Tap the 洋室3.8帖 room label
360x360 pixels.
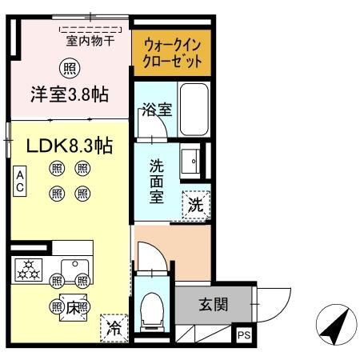[x=70, y=94]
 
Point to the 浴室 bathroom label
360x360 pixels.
[x=155, y=110]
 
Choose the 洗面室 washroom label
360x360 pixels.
[x=158, y=181]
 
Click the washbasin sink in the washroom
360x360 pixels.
[x=192, y=162]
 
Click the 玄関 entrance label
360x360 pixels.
[x=213, y=304]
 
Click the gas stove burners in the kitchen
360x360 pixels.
[x=29, y=270]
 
